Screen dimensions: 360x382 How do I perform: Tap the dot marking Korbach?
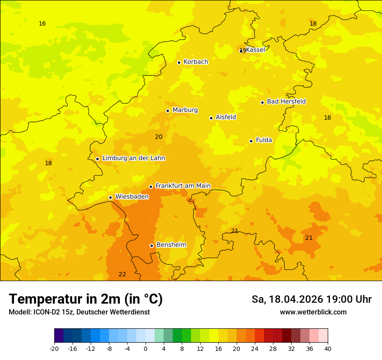(x=179, y=62)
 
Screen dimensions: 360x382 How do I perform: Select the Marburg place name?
(x=185, y=110)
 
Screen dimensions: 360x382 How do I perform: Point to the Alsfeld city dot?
(x=211, y=118)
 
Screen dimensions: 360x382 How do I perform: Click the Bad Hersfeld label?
(x=286, y=101)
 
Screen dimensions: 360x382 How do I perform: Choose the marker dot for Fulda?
(x=251, y=141)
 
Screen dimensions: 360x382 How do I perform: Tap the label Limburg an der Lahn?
(x=133, y=158)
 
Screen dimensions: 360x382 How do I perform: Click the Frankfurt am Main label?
(x=183, y=186)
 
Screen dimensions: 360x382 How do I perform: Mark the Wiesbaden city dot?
(x=111, y=198)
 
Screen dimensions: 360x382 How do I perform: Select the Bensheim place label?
(x=171, y=245)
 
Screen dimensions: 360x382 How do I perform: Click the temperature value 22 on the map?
(x=122, y=274)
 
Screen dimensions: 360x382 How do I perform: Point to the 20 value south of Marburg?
(x=159, y=137)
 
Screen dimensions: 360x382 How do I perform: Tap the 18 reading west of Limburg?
(x=48, y=163)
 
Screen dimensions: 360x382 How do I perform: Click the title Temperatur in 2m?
(x=86, y=299)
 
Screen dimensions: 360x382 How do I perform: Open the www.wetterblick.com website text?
(x=313, y=312)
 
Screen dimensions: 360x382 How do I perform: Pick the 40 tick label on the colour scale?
(x=327, y=349)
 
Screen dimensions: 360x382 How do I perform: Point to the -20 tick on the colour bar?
(x=54, y=349)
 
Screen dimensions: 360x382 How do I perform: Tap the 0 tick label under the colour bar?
(x=145, y=349)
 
